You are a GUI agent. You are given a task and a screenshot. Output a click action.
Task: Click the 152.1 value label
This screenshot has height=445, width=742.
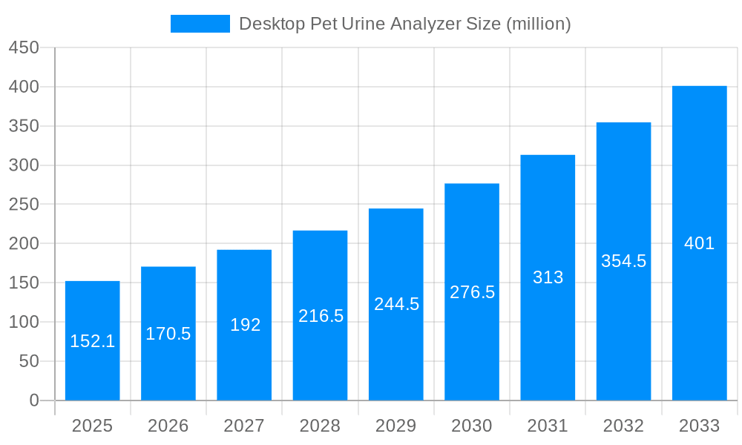93,341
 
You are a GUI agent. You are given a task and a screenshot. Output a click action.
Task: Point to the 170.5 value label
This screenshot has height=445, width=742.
168,334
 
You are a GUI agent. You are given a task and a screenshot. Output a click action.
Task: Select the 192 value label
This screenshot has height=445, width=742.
244,325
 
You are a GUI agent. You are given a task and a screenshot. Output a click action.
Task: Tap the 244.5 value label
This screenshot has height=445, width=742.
396,304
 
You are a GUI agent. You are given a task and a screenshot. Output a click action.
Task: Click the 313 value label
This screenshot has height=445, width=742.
548,277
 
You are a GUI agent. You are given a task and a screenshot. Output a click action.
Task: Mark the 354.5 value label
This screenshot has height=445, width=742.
623,261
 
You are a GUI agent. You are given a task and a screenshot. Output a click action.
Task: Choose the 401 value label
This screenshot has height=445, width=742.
699,243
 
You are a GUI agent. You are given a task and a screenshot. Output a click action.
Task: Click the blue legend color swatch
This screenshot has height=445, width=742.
200,24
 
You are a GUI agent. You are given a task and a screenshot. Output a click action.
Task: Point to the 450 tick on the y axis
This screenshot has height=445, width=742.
24,47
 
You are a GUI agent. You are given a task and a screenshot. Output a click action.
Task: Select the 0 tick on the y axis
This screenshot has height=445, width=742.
34,400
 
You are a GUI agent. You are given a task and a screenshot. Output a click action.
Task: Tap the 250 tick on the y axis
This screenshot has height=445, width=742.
24,205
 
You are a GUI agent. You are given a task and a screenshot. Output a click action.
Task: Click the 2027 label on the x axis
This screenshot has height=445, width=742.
244,426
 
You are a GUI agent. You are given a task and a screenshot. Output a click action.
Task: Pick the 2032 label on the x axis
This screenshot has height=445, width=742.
623,426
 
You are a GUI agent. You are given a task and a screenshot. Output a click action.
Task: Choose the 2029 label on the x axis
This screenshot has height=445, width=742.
396,426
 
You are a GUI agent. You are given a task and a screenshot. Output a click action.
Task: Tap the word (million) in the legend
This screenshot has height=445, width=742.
538,24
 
